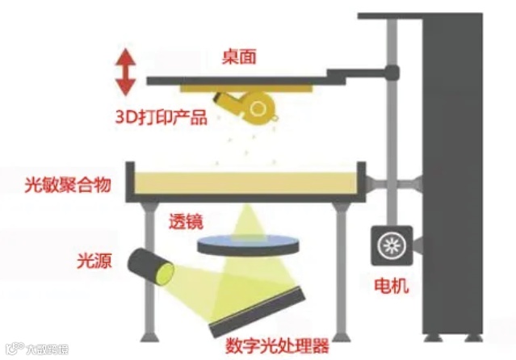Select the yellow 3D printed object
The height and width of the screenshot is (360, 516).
coord(251,104)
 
